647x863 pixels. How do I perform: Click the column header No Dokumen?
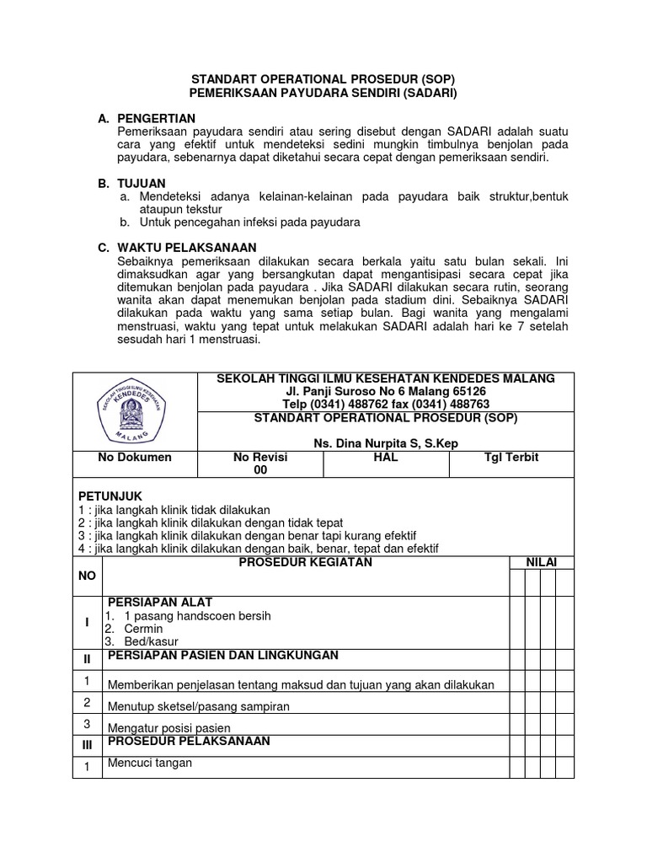134,457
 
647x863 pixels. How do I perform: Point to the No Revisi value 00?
260,470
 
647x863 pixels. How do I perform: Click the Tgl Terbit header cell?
511,457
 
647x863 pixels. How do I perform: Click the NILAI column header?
541,562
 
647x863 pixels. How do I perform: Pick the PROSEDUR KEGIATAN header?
306,562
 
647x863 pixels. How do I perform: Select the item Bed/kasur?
146,642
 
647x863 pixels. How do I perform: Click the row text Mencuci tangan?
149,763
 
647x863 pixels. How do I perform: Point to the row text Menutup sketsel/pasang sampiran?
198,706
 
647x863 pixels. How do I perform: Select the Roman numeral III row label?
86,745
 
